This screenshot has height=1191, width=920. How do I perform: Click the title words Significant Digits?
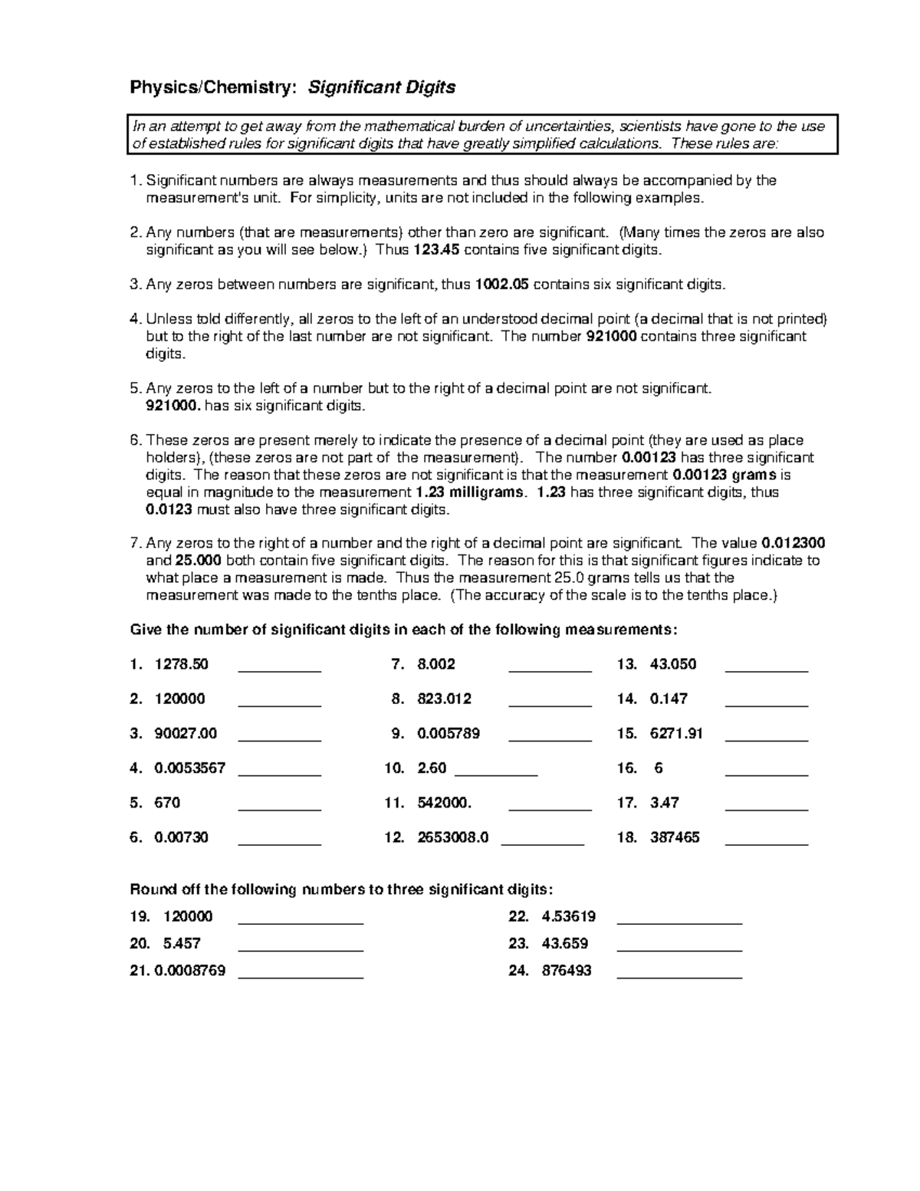click(381, 87)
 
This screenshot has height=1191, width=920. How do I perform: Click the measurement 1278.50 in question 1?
click(181, 664)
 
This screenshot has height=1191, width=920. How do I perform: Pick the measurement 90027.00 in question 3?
click(186, 733)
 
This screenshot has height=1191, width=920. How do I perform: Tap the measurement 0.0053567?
click(190, 768)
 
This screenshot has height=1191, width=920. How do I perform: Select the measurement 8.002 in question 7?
click(436, 664)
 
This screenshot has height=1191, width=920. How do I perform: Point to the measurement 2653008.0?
click(452, 837)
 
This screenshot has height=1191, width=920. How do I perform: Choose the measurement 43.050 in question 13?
click(672, 664)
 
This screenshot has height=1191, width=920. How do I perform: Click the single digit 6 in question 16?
click(659, 768)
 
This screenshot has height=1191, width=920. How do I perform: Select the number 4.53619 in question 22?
click(568, 916)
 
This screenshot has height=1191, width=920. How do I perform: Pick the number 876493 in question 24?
click(567, 970)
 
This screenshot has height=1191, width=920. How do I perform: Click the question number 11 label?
click(394, 803)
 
